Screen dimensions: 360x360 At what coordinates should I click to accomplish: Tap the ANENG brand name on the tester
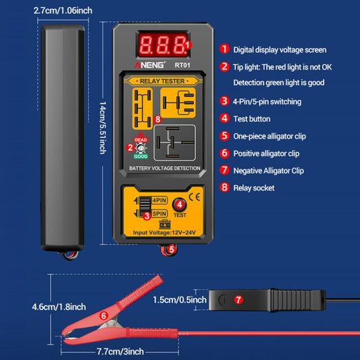pos(147,66)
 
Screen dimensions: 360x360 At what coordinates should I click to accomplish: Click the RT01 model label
pos(182,66)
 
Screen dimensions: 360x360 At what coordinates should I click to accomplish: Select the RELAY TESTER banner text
pos(162,80)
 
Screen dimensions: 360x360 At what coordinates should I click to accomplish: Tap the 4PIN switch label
pos(160,200)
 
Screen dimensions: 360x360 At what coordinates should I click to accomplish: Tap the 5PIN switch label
pos(160,213)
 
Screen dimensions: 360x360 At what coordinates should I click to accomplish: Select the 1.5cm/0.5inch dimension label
pos(179,299)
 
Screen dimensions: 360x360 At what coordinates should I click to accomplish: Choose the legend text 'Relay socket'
pos(254,188)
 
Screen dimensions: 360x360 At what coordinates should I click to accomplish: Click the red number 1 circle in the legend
pos(224,49)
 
